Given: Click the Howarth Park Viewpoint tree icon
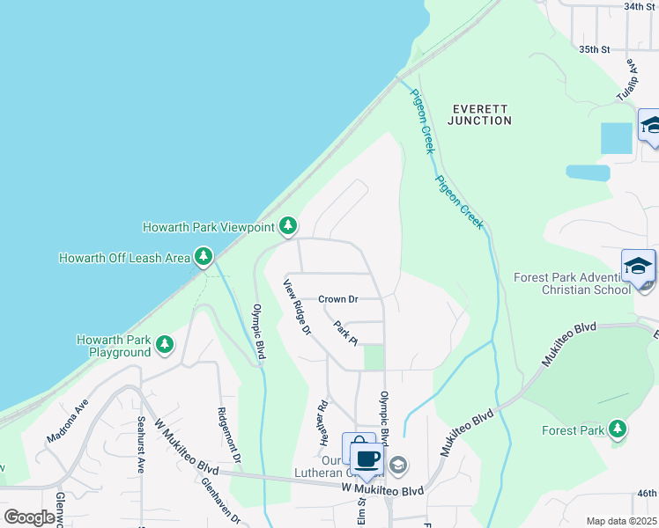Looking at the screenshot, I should click(x=288, y=227).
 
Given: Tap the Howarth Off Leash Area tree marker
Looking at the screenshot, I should click(x=204, y=257).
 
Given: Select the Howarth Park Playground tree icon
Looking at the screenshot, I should click(x=164, y=345).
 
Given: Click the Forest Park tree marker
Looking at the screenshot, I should click(x=618, y=429).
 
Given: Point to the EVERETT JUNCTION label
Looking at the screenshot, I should click(x=479, y=114).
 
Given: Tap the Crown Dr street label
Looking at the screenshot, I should click(x=338, y=299).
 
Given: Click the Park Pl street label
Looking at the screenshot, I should click(x=344, y=332).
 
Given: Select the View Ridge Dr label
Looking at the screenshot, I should click(x=297, y=307).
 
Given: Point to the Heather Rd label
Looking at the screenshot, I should click(x=323, y=422).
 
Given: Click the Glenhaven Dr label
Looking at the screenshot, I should click(x=220, y=502).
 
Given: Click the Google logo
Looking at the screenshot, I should click(x=29, y=517).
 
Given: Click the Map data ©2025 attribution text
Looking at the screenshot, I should click(x=620, y=521).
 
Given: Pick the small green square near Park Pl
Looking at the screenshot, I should click(x=374, y=357).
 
